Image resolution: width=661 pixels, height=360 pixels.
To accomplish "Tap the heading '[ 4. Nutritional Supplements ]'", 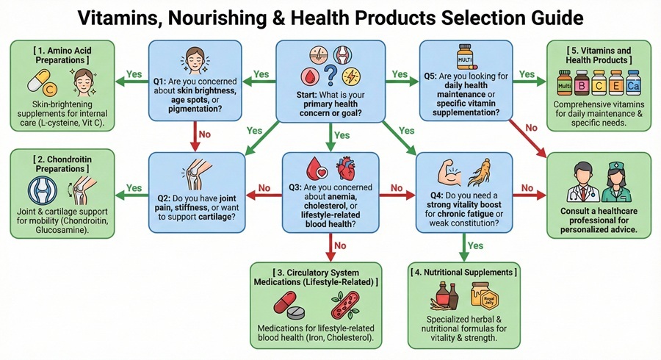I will [x=463, y=273].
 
